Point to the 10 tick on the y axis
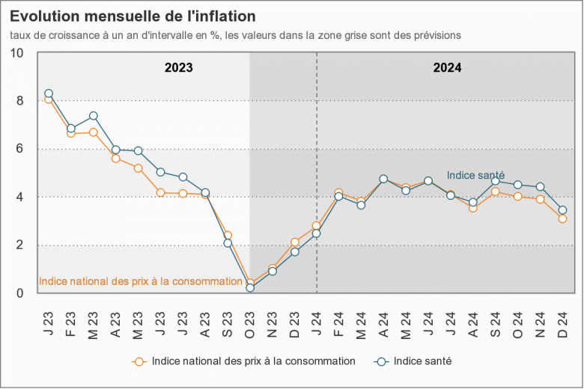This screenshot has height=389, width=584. click(x=17, y=53)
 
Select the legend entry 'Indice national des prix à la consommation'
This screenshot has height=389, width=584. click(x=253, y=361)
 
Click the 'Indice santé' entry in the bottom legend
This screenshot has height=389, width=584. click(x=422, y=361)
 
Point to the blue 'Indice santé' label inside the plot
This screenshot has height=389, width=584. click(x=475, y=175)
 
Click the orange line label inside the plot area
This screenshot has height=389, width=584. click(x=140, y=282)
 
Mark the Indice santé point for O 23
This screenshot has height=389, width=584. click(x=250, y=287)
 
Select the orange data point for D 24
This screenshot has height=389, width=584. click(x=562, y=218)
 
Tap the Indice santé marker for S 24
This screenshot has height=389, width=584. click(x=495, y=180)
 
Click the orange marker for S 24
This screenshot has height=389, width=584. click(x=495, y=192)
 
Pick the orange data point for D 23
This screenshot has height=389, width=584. click(x=294, y=242)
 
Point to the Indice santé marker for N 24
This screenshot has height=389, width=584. click(x=540, y=187)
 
